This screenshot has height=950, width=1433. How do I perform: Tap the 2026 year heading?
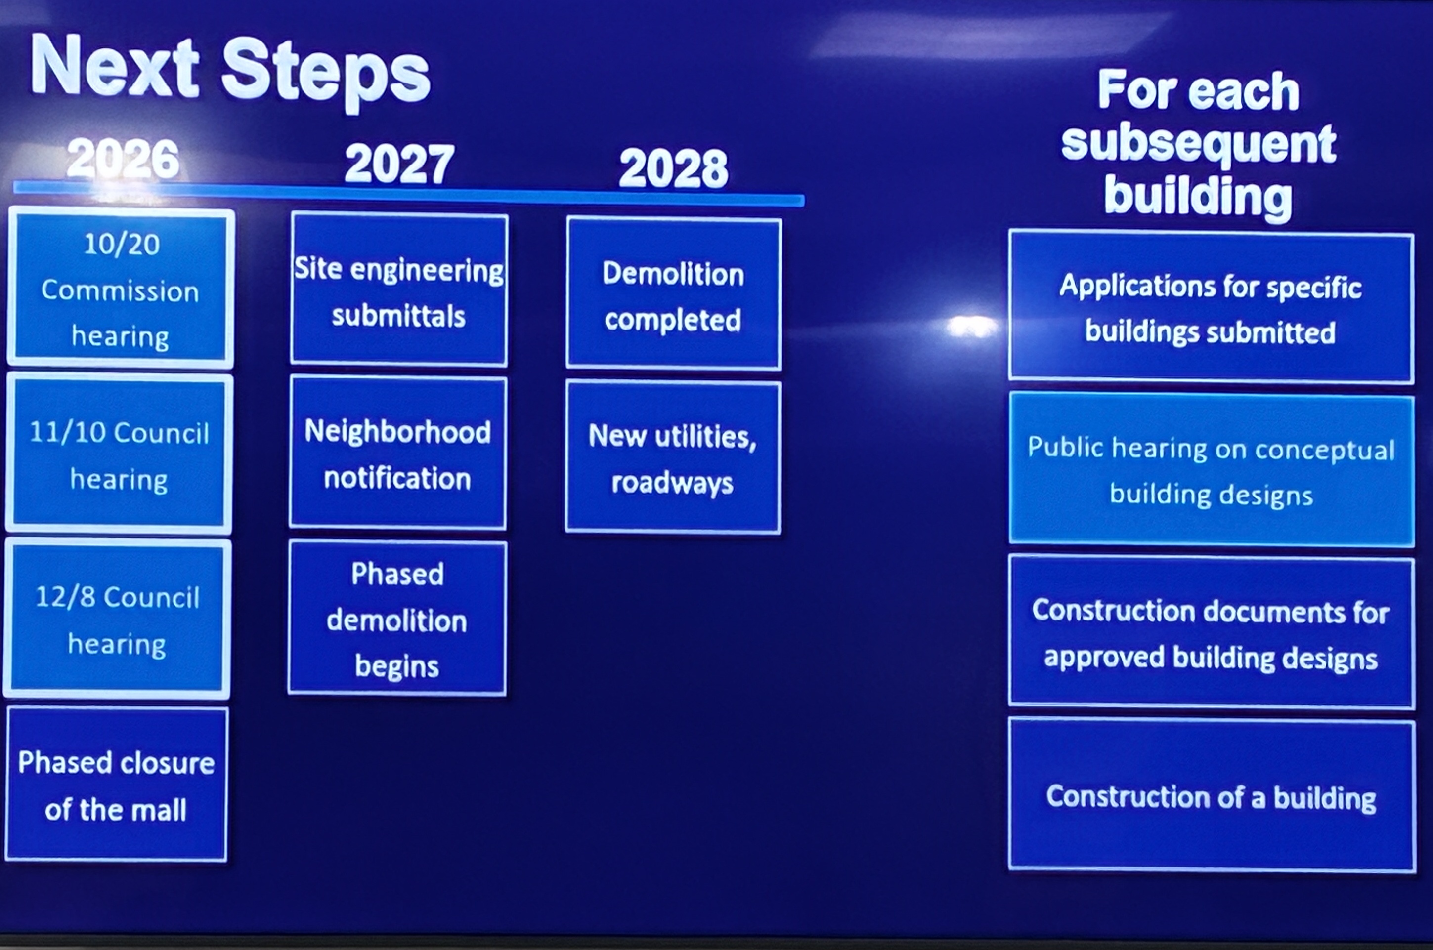pyautogui.click(x=123, y=158)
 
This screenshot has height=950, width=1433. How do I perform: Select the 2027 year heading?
pyautogui.click(x=399, y=164)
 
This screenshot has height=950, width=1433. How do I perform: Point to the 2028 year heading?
pyautogui.click(x=673, y=168)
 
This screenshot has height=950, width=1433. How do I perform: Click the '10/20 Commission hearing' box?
pyautogui.click(x=121, y=289)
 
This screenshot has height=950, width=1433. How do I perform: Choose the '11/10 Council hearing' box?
pyautogui.click(x=119, y=454)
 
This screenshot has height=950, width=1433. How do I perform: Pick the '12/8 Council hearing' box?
pyautogui.click(x=117, y=619)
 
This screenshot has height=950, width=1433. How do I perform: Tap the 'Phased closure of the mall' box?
pyautogui.click(x=116, y=784)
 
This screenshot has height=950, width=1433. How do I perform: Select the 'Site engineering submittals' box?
pyautogui.click(x=399, y=289)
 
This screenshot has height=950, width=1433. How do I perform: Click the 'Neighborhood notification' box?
pyautogui.click(x=397, y=453)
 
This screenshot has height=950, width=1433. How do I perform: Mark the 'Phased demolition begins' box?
pyautogui.click(x=397, y=618)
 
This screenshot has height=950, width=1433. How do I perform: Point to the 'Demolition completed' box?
pyautogui.click(x=673, y=293)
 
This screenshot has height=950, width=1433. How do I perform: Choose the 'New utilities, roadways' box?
pyautogui.click(x=673, y=457)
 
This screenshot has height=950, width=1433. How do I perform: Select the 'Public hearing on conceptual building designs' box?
pyautogui.click(x=1212, y=470)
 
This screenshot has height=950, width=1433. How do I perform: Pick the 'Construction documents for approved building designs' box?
pyautogui.click(x=1212, y=632)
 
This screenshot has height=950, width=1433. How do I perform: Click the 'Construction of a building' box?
pyautogui.click(x=1212, y=795)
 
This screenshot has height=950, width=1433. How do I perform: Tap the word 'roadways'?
pyautogui.click(x=672, y=484)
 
